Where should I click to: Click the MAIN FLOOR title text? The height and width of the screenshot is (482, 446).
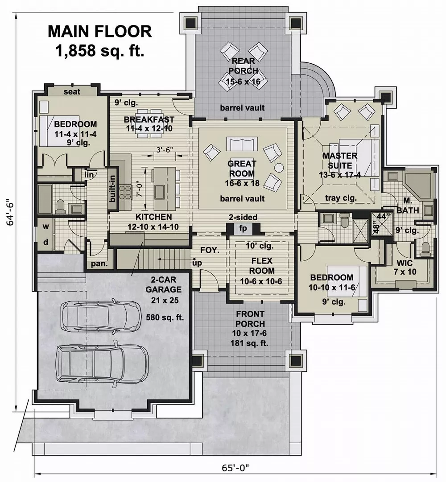[99, 32]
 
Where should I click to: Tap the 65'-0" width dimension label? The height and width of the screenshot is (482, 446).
[235, 468]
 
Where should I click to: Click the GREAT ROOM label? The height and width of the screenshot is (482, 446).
[241, 169]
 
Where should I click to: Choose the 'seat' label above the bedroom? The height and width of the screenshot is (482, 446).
[71, 91]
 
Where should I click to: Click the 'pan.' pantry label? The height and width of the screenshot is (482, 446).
[99, 264]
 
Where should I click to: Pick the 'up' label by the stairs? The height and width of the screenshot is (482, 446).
[197, 263]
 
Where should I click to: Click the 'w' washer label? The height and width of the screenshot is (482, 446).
[46, 227]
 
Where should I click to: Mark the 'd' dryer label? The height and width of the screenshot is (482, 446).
[46, 243]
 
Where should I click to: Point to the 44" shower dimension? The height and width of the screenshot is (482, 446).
[381, 216]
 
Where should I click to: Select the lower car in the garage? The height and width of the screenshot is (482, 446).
[102, 362]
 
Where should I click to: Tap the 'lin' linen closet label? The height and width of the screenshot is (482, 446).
[90, 175]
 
